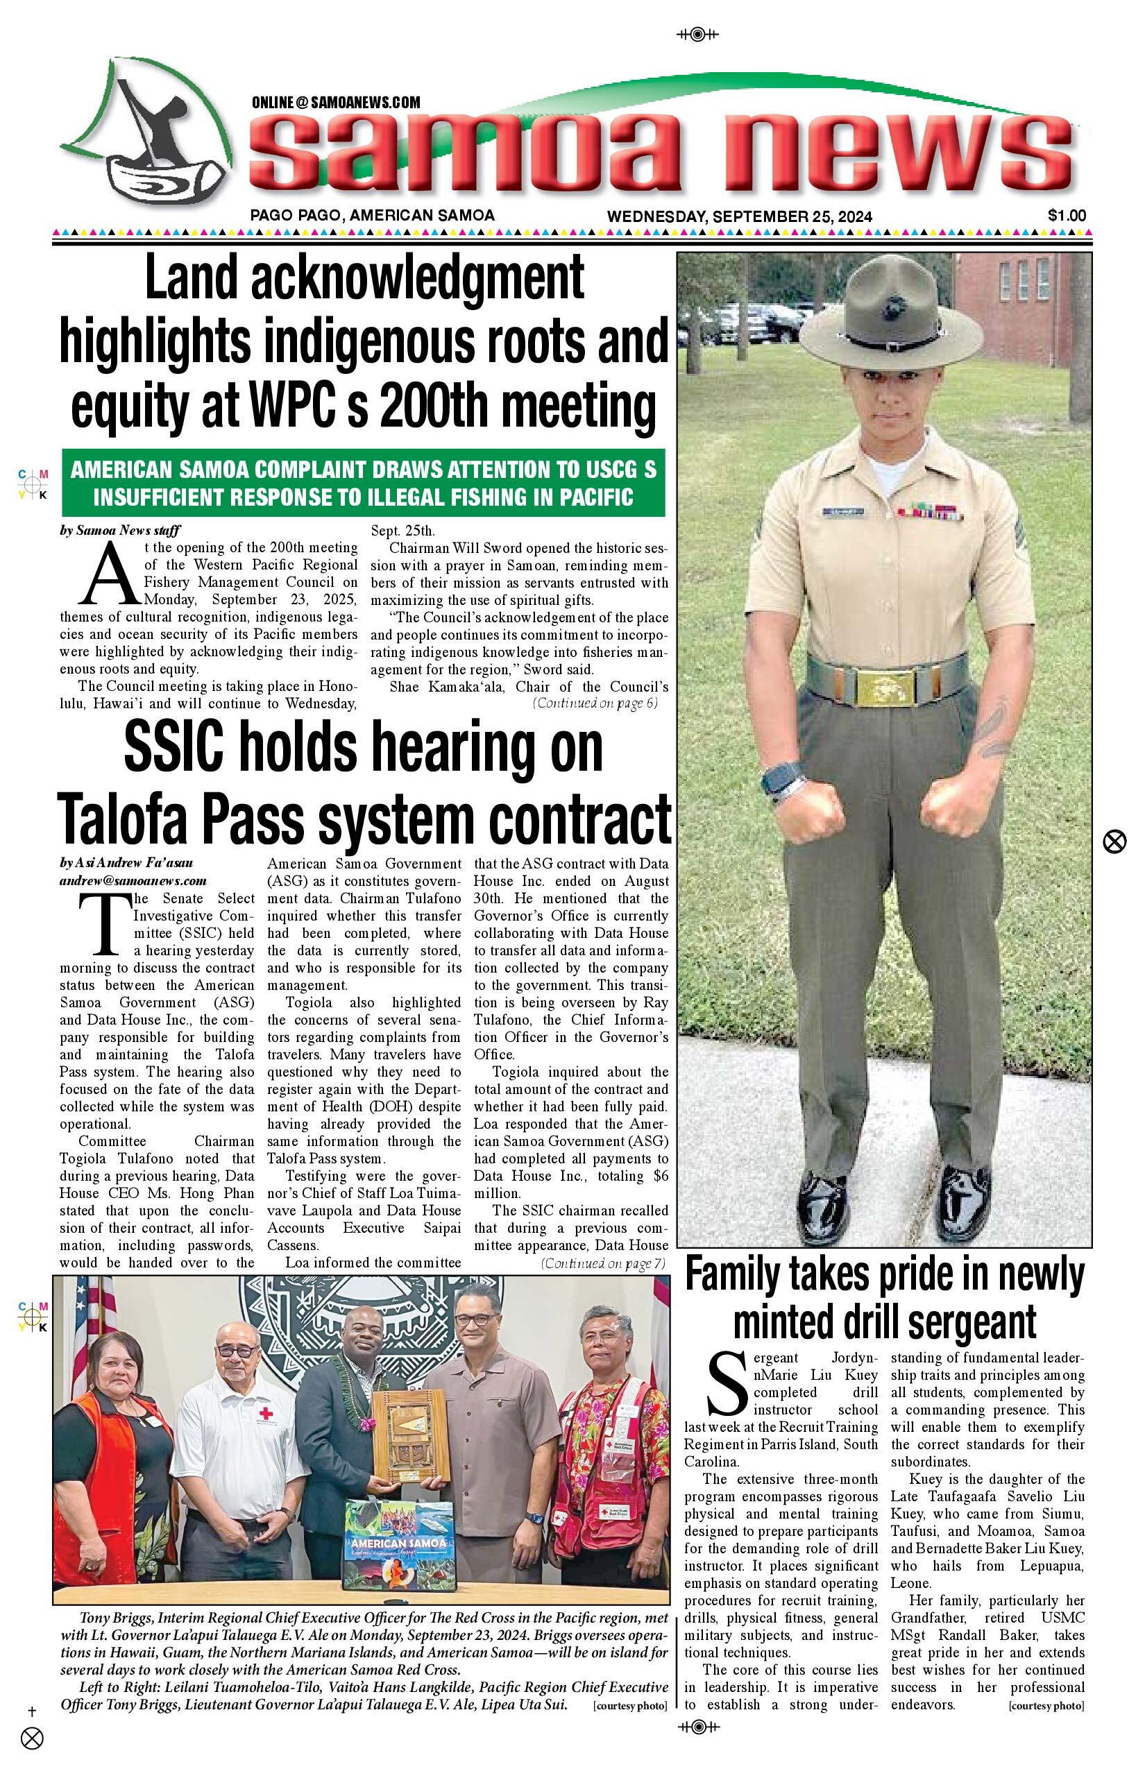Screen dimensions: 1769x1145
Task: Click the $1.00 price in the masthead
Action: click(x=1066, y=216)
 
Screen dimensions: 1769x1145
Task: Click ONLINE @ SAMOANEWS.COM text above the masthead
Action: click(x=335, y=103)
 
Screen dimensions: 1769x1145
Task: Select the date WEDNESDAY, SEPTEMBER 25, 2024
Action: click(x=739, y=216)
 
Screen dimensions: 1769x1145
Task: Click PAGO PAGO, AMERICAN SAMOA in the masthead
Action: click(x=372, y=216)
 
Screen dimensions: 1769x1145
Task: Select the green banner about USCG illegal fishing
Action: click(x=363, y=483)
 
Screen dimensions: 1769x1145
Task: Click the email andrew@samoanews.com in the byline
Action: click(x=133, y=880)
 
